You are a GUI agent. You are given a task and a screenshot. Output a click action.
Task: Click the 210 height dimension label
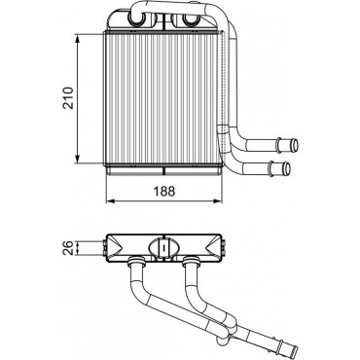[x=68, y=97]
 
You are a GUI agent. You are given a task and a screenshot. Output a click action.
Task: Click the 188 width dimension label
[x=164, y=192]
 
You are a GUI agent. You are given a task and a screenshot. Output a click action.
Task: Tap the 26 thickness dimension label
[x=68, y=248]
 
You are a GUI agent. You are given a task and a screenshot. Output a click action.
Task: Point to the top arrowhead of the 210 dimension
[x=77, y=39]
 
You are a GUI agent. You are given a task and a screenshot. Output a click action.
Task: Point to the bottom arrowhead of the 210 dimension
[x=77, y=159]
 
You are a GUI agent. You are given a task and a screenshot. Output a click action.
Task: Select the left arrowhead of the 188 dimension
[x=111, y=201]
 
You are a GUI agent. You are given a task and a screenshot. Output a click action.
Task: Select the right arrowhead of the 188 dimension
[x=218, y=201]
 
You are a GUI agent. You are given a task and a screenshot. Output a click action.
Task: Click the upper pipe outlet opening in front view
[x=294, y=144]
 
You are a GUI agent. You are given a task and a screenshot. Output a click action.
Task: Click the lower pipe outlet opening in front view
[x=287, y=167]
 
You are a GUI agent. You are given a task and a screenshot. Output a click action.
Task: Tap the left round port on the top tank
[x=135, y=19]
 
